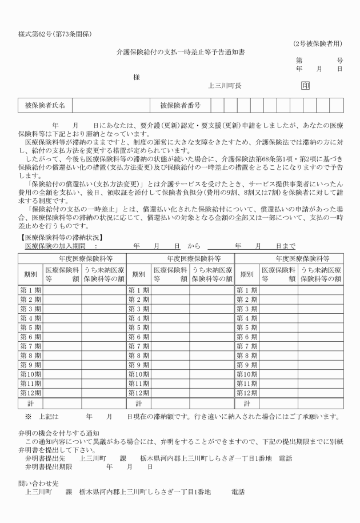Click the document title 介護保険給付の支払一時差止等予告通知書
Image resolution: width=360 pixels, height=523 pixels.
179,51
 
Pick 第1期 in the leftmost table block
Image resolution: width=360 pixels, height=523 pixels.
31,290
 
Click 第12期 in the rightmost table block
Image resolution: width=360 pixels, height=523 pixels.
246,393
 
